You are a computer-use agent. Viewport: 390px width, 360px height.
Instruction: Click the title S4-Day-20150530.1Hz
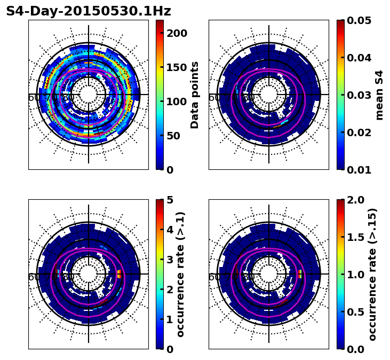pyautogui.click(x=89, y=11)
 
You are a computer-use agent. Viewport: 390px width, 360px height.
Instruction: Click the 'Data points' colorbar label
pyautogui.click(x=195, y=95)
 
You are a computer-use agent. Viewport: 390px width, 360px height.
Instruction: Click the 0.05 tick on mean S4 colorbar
pyautogui.click(x=359, y=20)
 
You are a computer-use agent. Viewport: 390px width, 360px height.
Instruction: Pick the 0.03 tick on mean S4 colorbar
pyautogui.click(x=359, y=95)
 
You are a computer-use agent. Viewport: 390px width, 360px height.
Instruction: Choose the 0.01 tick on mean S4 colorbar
pyautogui.click(x=359, y=170)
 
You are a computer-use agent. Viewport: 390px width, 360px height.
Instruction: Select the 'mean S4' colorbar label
pyautogui.click(x=379, y=95)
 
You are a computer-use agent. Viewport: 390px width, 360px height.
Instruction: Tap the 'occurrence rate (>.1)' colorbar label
pyautogui.click(x=180, y=274)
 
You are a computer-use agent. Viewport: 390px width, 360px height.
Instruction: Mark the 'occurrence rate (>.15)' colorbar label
pyautogui.click(x=372, y=274)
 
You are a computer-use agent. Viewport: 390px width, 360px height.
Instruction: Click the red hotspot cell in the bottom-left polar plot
pyautogui.click(x=120, y=274)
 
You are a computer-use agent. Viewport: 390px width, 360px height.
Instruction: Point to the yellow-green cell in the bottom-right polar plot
pyautogui.click(x=300, y=274)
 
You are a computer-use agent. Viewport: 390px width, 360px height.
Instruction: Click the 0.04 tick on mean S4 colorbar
pyautogui.click(x=359, y=58)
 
